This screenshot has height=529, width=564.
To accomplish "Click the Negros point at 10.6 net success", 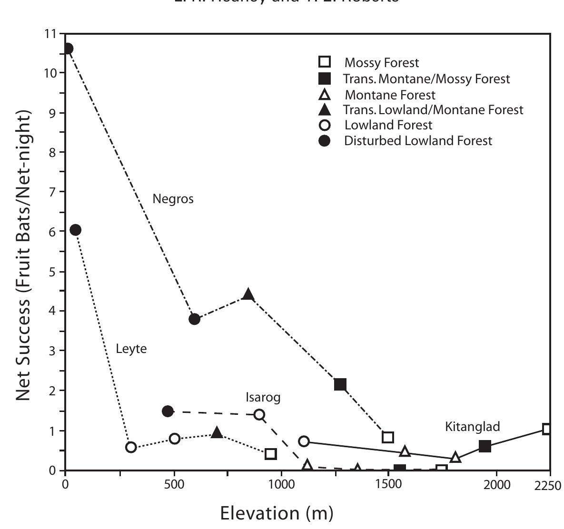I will (x=68, y=49).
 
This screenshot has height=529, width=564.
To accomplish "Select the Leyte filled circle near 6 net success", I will (x=75, y=230).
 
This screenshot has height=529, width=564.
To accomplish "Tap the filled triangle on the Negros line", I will (x=248, y=294).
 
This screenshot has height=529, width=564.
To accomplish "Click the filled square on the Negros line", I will (x=340, y=384).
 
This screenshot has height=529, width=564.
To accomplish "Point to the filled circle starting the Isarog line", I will (x=168, y=411).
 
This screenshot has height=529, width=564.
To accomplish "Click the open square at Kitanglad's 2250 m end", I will (x=547, y=429).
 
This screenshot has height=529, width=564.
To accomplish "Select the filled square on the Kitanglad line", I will (x=485, y=446).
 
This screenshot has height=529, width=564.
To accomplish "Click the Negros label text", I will (x=173, y=199).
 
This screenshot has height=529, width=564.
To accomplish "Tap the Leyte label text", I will (x=131, y=349).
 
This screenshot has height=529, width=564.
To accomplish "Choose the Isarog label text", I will (x=263, y=397).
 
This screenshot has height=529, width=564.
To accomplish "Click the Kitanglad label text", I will (x=472, y=427).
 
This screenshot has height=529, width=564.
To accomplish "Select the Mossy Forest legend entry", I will (x=382, y=63).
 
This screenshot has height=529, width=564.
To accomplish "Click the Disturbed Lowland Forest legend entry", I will (x=418, y=141).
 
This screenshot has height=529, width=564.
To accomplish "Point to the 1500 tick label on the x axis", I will (x=388, y=485).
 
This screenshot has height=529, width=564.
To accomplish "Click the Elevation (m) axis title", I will (x=276, y=513).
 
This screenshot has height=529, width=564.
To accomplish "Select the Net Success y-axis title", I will (x=25, y=255).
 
